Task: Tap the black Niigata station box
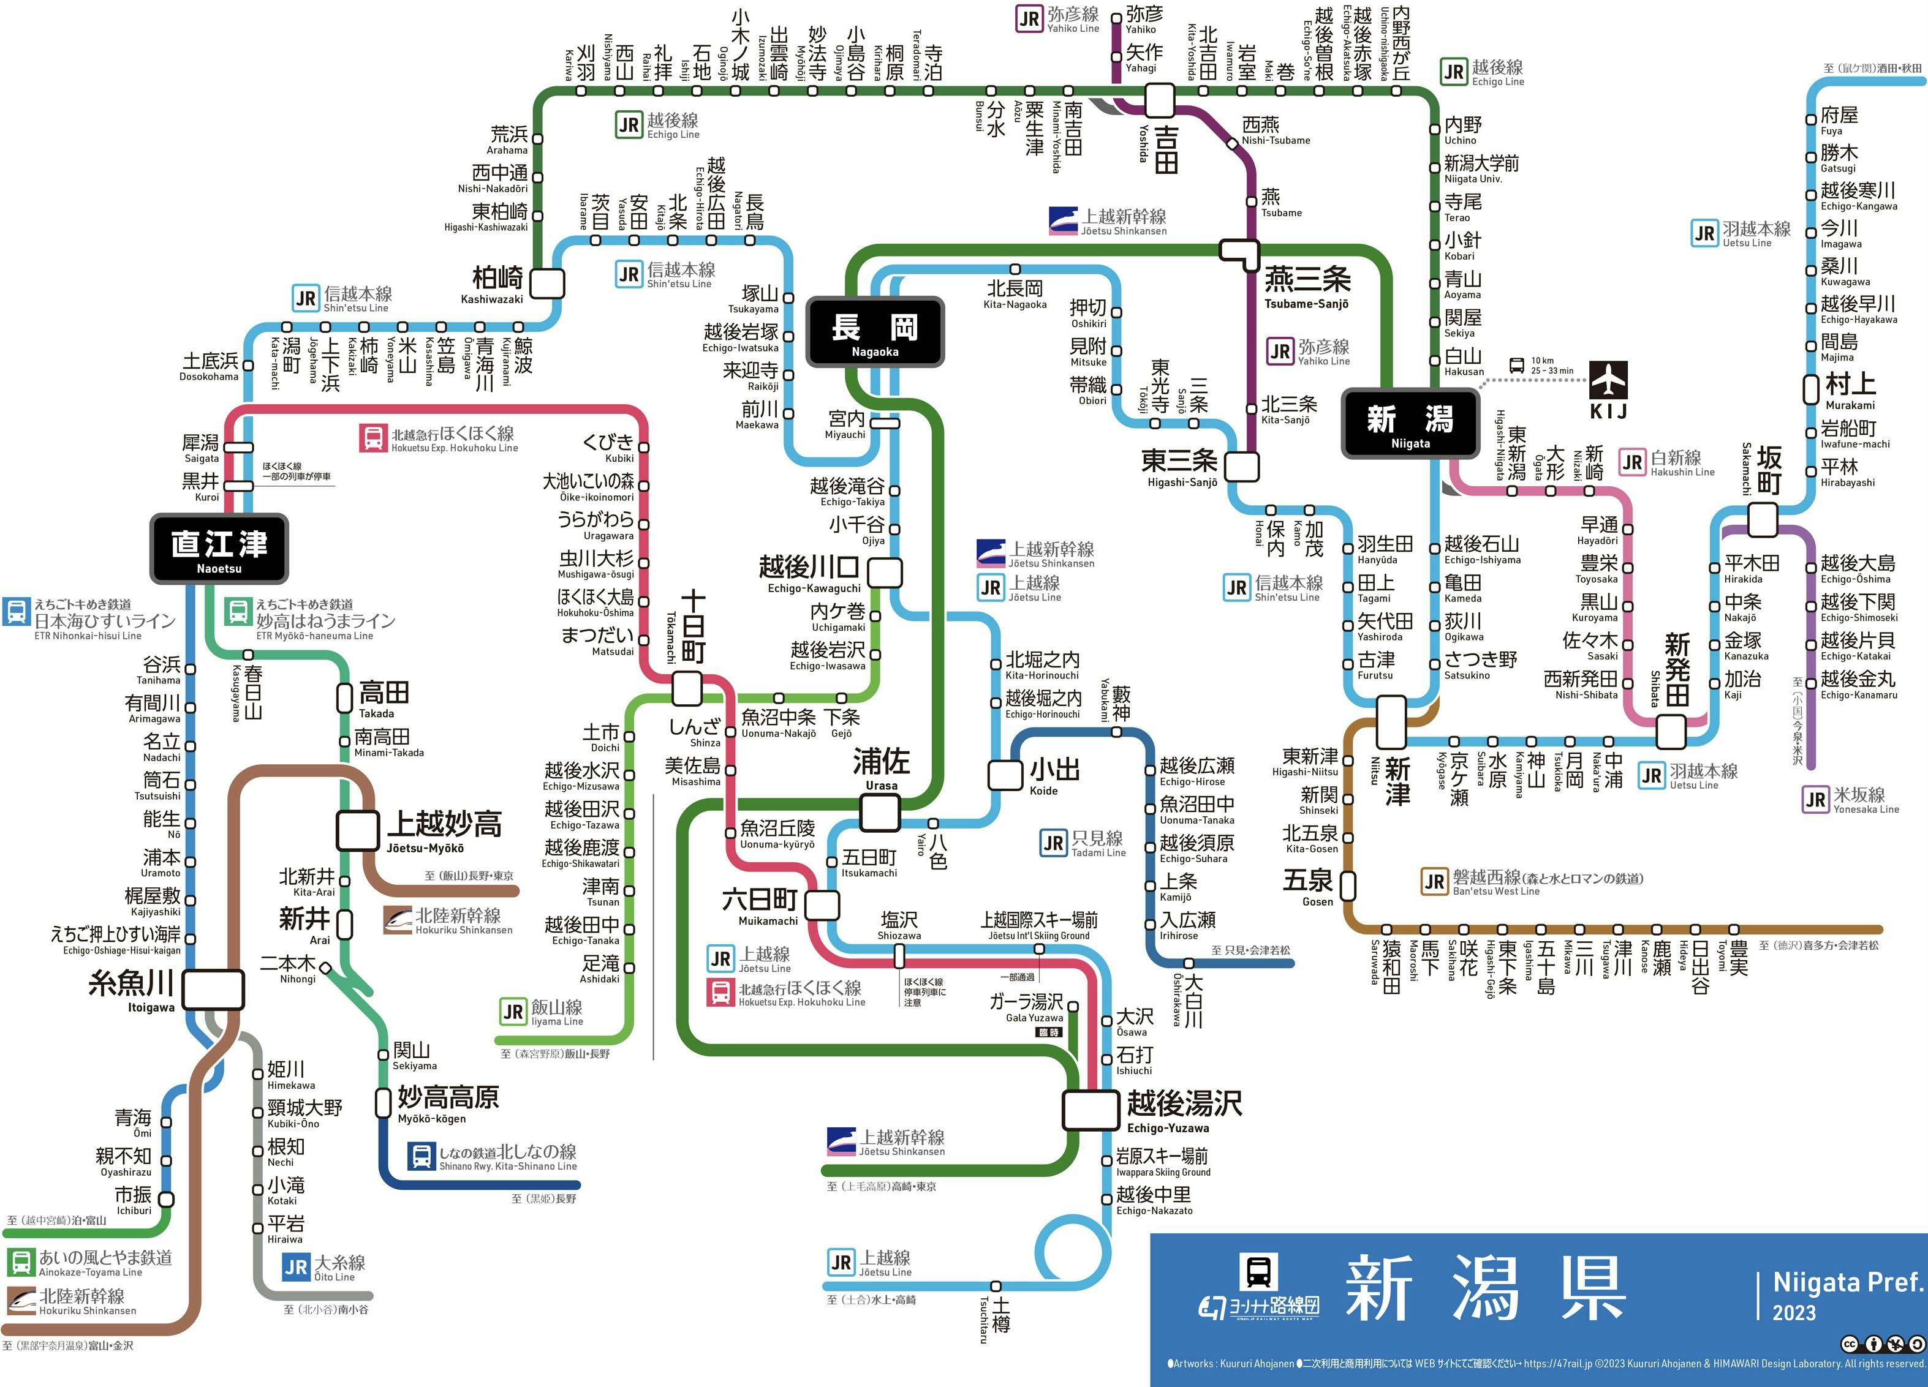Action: point(1410,423)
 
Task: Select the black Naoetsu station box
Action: point(219,548)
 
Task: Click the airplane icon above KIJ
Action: point(1608,380)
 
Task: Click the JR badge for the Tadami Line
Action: point(1053,843)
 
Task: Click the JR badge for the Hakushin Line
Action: point(1632,462)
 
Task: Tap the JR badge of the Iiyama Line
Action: point(513,1012)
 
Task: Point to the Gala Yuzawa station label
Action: point(1027,1008)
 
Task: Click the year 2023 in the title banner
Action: point(1794,1312)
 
